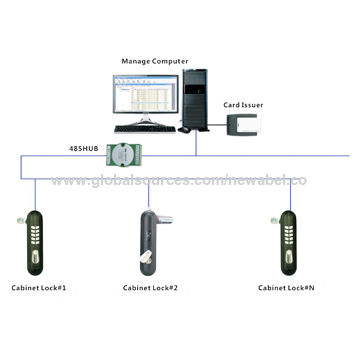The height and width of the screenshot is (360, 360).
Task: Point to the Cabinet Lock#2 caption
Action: tap(150, 289)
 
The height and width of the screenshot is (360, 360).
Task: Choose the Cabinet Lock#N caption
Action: tap(286, 289)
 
